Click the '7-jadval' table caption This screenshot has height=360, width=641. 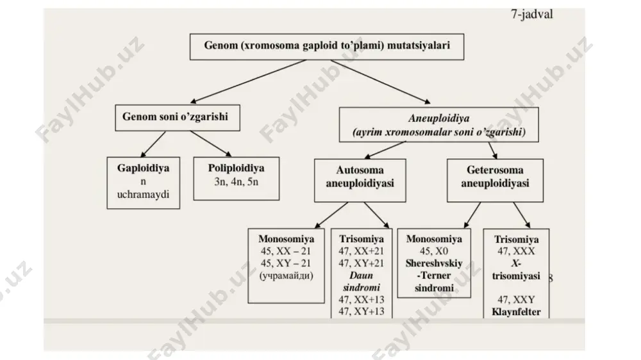(532, 14)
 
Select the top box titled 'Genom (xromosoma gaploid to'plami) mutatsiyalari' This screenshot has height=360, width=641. (327, 47)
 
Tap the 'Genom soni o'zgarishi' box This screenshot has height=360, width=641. (178, 118)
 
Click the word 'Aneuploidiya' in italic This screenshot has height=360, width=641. (438, 119)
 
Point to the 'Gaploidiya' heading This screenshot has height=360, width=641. (143, 168)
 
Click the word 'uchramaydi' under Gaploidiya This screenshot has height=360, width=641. (143, 195)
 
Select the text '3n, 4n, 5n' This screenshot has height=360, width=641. (237, 182)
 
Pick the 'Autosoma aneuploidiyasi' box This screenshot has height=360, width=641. (360, 180)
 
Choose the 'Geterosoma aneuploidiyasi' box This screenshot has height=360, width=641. (495, 180)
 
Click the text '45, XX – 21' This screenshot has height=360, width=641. (286, 251)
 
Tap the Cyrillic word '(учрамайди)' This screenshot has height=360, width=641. (286, 275)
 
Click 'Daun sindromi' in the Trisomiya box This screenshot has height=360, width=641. (362, 282)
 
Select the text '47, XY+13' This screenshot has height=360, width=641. (362, 311)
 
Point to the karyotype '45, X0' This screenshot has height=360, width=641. (434, 251)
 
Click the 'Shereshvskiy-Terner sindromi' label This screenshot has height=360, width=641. (434, 275)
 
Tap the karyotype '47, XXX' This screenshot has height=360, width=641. (516, 251)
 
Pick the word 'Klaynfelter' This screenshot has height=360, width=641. (516, 312)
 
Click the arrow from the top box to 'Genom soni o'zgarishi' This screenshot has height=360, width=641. (248, 81)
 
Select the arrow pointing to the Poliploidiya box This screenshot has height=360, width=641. (211, 144)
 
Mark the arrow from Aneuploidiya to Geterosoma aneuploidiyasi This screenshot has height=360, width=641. (492, 150)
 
